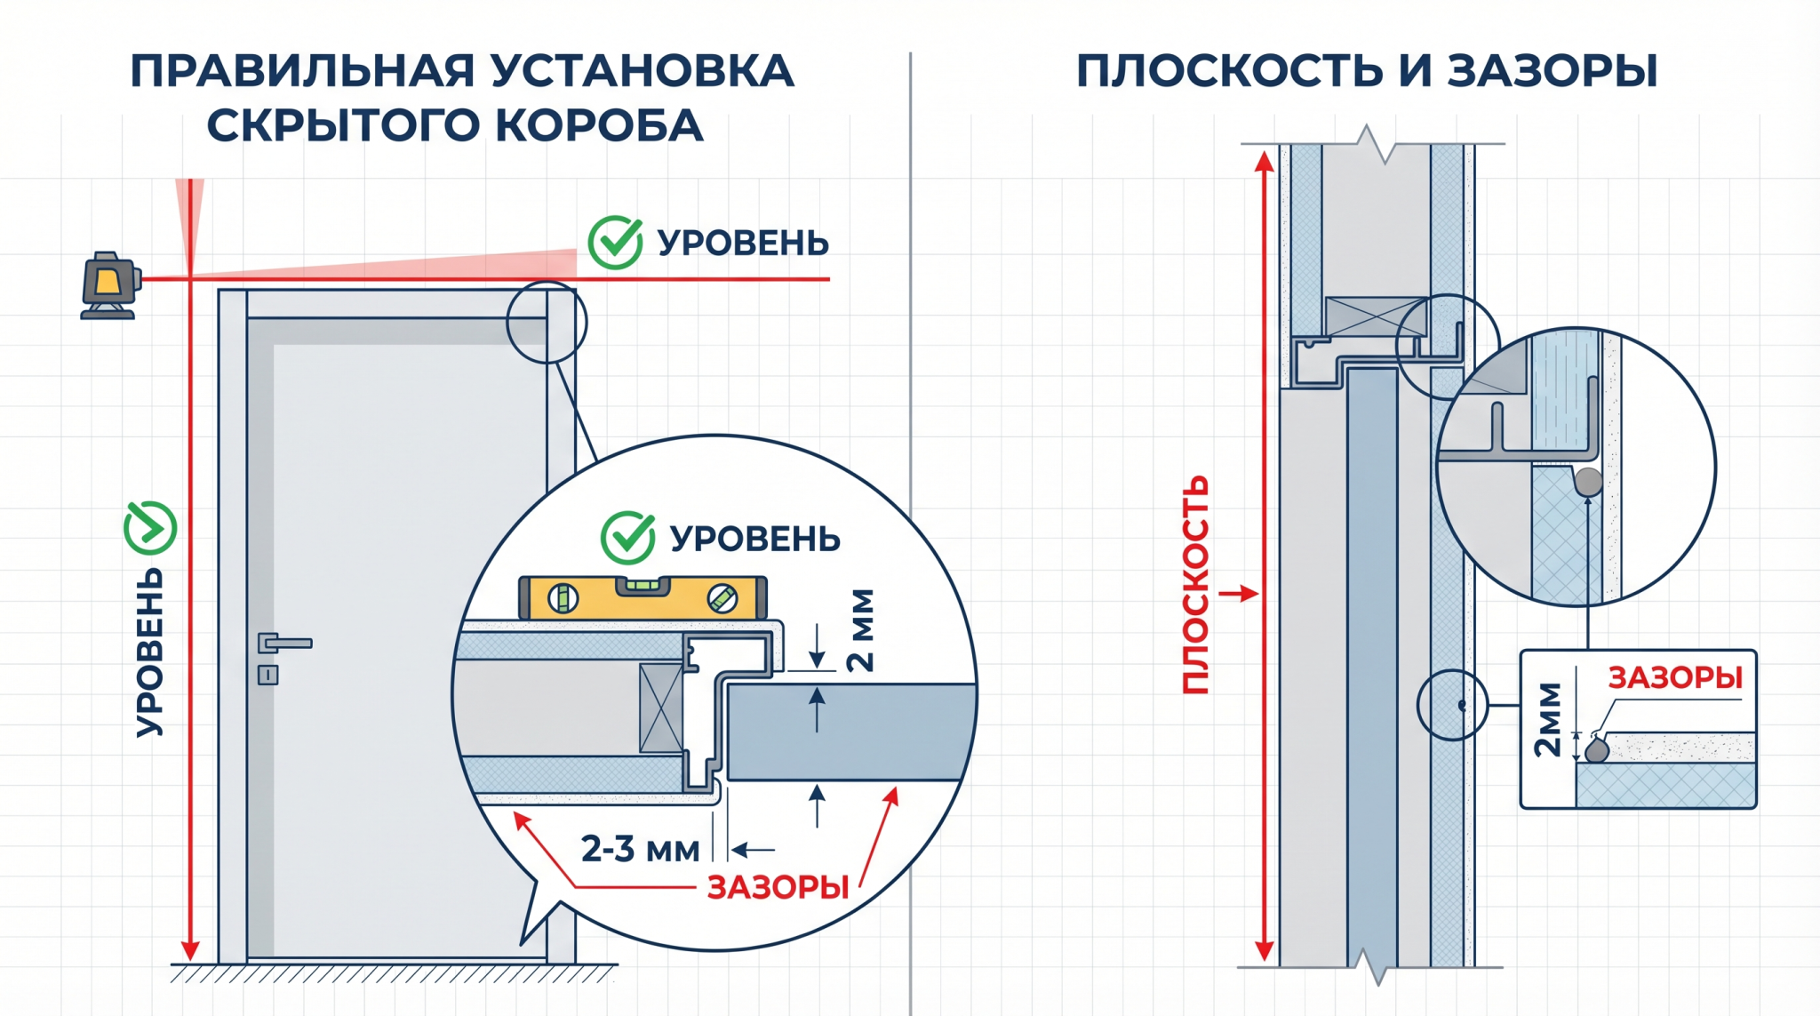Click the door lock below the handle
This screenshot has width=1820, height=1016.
pos(268,675)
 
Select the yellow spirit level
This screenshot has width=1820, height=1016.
pos(643,597)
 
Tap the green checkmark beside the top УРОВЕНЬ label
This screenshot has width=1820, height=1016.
pos(616,242)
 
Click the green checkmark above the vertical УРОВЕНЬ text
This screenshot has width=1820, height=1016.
pos(150,528)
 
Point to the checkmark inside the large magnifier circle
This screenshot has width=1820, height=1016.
pos(628,537)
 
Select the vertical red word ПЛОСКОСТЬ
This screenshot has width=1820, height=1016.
pos(1195,584)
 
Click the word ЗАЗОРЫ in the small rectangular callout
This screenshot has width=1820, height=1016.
pos(1675,678)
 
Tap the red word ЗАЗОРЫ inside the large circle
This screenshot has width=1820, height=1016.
pos(778,887)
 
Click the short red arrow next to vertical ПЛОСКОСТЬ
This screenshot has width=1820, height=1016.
pos(1238,593)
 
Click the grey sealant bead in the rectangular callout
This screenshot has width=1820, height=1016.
pos(1597,749)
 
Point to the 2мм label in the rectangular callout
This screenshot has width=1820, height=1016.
pos(1548,720)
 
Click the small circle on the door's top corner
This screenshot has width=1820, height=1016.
pos(547,323)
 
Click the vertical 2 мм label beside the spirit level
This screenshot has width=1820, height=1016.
pos(860,630)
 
